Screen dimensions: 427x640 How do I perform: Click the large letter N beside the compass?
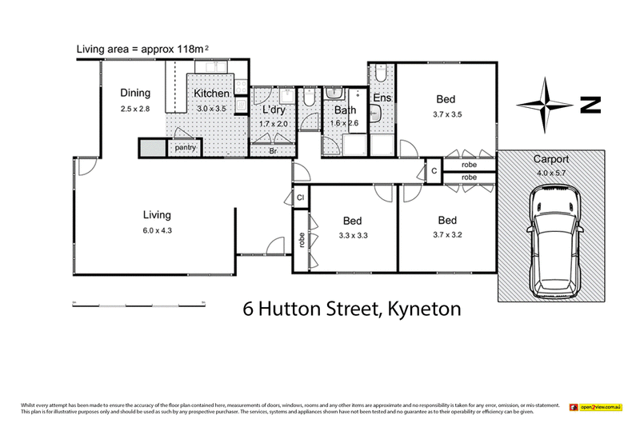click(590, 105)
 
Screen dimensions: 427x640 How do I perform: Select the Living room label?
click(157, 214)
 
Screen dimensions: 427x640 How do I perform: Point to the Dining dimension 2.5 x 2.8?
click(135, 108)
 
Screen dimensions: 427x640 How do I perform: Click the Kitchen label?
click(212, 94)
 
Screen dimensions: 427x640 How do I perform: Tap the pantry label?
click(186, 148)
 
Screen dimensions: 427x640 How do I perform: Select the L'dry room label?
click(274, 110)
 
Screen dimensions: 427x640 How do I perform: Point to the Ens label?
click(382, 99)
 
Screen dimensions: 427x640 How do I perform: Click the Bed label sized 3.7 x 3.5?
click(446, 99)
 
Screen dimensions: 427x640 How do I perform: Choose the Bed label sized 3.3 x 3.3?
click(352, 221)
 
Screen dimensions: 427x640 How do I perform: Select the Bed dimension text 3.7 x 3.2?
click(447, 235)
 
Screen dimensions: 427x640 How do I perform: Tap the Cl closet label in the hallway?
click(301, 197)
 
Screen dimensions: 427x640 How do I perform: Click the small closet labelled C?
click(434, 171)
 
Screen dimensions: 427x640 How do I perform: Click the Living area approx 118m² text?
click(142, 50)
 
